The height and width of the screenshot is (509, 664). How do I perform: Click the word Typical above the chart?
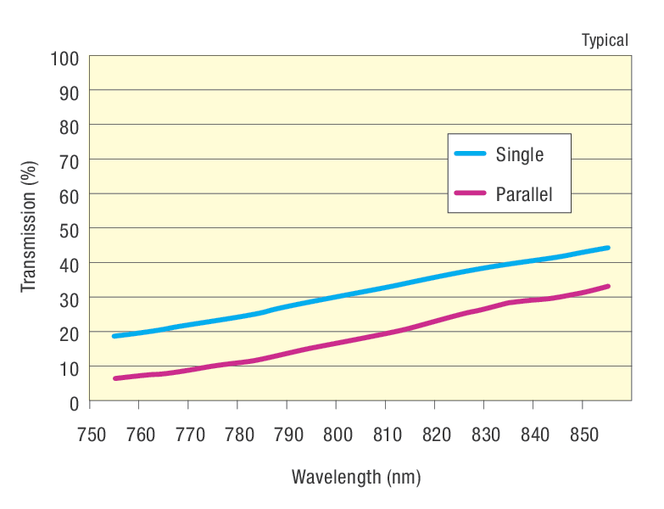pyautogui.click(x=605, y=40)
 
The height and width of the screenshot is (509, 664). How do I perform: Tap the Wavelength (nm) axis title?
pyautogui.click(x=356, y=477)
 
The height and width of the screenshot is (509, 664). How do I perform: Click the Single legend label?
pyautogui.click(x=519, y=155)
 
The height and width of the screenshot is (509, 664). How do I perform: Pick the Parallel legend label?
pyautogui.click(x=523, y=195)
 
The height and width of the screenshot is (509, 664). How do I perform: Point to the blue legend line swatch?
pyautogui.click(x=470, y=154)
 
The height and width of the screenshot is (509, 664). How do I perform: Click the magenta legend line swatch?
pyautogui.click(x=470, y=193)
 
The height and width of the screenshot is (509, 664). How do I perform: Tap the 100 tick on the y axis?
pyautogui.click(x=65, y=58)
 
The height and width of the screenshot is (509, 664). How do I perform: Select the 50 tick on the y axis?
pyautogui.click(x=69, y=229)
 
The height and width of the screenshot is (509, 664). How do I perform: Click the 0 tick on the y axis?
pyautogui.click(x=74, y=402)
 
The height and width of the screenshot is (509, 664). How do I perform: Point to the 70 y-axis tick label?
pyautogui.click(x=69, y=160)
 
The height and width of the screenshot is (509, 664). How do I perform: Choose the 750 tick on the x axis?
pyautogui.click(x=90, y=435)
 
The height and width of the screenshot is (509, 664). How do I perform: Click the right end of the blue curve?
pyautogui.click(x=607, y=248)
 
